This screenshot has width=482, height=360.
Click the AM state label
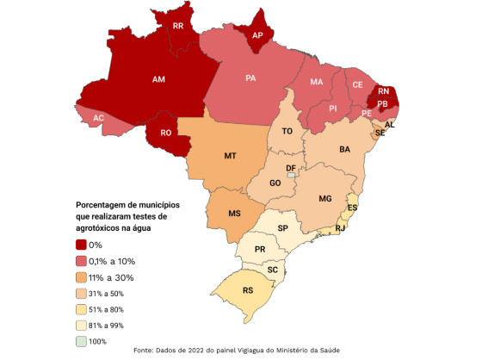[x=158, y=79]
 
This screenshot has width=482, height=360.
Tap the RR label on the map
[x=178, y=27]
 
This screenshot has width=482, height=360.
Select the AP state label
[x=257, y=36]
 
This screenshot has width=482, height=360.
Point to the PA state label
[x=250, y=78]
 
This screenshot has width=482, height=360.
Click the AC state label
[x=99, y=118]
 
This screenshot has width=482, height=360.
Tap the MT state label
[x=231, y=157]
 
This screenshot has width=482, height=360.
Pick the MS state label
[x=234, y=214]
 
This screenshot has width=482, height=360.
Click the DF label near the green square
[x=291, y=167]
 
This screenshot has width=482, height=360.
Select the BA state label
[x=344, y=149]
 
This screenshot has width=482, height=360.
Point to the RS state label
[x=248, y=291]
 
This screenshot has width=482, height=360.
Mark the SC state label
[x=272, y=270]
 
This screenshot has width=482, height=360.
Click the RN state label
[x=383, y=90]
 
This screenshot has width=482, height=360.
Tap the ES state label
[x=352, y=208]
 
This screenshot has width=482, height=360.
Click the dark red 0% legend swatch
[x=81, y=245]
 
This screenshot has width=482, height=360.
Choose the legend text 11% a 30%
[x=112, y=277]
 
